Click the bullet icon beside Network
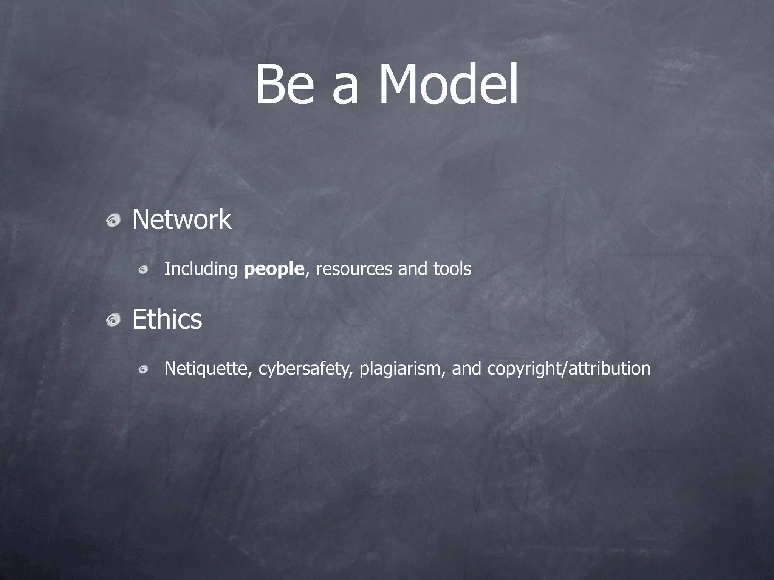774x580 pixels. tap(113, 220)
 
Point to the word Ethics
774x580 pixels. tap(167, 319)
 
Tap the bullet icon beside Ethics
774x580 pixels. tap(113, 321)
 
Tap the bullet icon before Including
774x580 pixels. tap(143, 270)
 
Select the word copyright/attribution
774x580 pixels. tap(569, 369)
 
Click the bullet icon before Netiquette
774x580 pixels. tap(143, 369)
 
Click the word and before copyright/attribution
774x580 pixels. tap(466, 369)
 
